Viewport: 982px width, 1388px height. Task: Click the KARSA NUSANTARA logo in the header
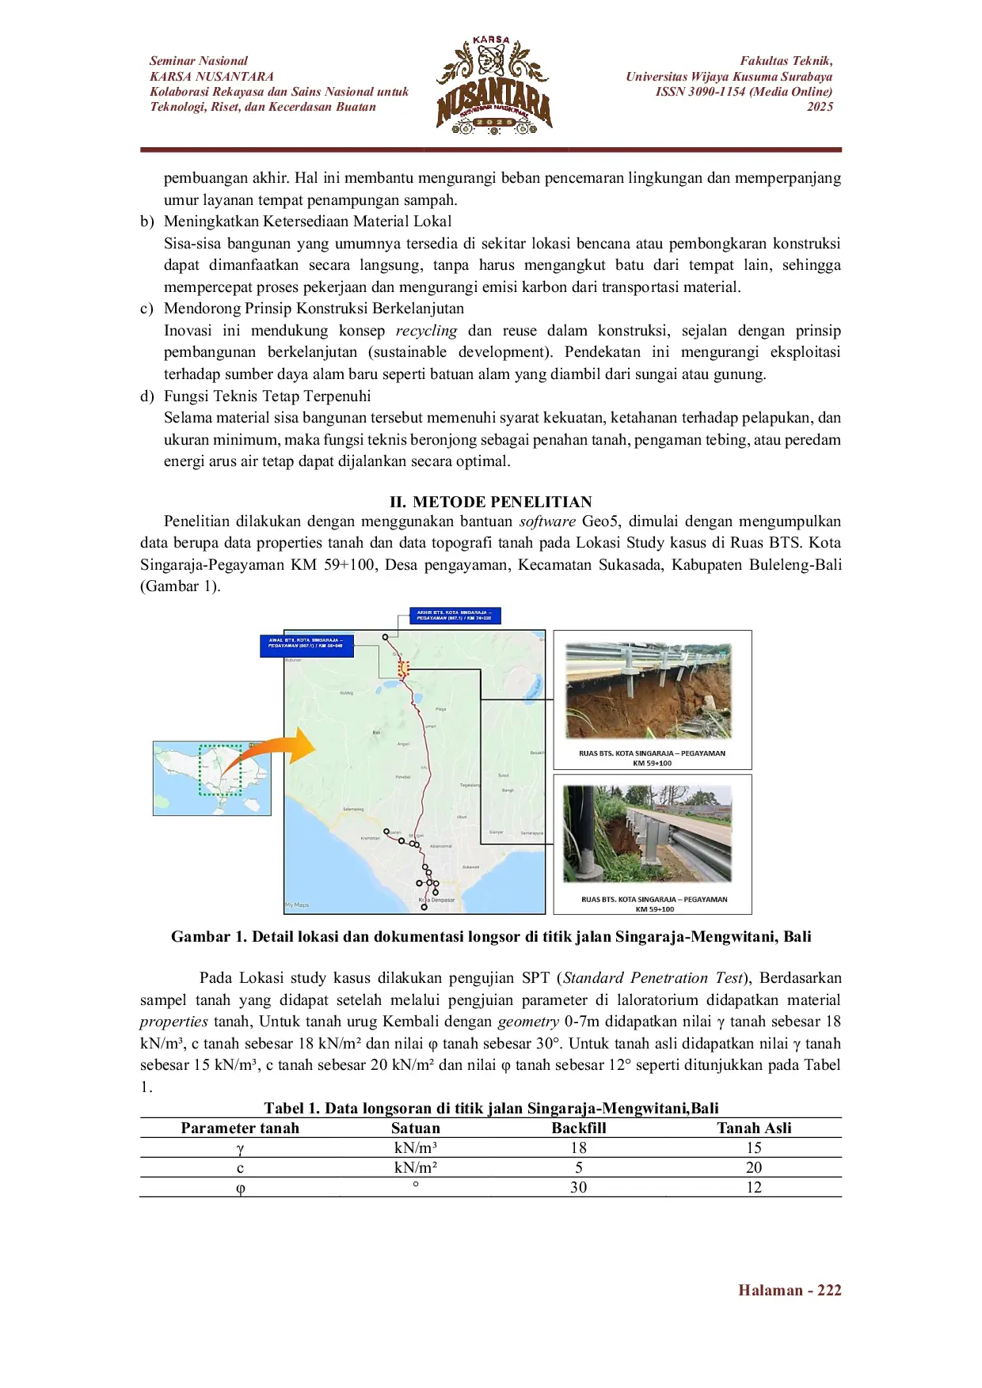[493, 85]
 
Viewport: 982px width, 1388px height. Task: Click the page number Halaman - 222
[789, 1290]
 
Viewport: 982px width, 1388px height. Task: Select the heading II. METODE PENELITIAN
[490, 502]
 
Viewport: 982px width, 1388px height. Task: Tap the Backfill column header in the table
[578, 1128]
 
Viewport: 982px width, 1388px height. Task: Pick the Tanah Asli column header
[753, 1128]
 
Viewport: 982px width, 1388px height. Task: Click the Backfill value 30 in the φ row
[578, 1187]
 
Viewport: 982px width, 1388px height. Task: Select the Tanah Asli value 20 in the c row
[753, 1167]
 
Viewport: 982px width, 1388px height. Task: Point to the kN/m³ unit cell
[415, 1147]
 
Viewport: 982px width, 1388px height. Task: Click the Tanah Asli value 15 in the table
[753, 1147]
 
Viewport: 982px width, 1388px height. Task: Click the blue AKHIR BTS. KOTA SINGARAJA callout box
[455, 615]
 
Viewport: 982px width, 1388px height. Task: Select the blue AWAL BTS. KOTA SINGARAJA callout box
[306, 645]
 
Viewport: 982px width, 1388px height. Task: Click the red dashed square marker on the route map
[403, 669]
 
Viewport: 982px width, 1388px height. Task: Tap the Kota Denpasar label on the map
[436, 900]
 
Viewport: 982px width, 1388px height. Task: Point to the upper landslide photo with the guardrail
[648, 691]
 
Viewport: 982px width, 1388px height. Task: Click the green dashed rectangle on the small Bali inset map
[219, 769]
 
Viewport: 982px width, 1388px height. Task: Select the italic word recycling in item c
[426, 331]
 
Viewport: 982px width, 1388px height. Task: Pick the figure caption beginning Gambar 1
[490, 936]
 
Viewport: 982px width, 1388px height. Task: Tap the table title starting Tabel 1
[490, 1108]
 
